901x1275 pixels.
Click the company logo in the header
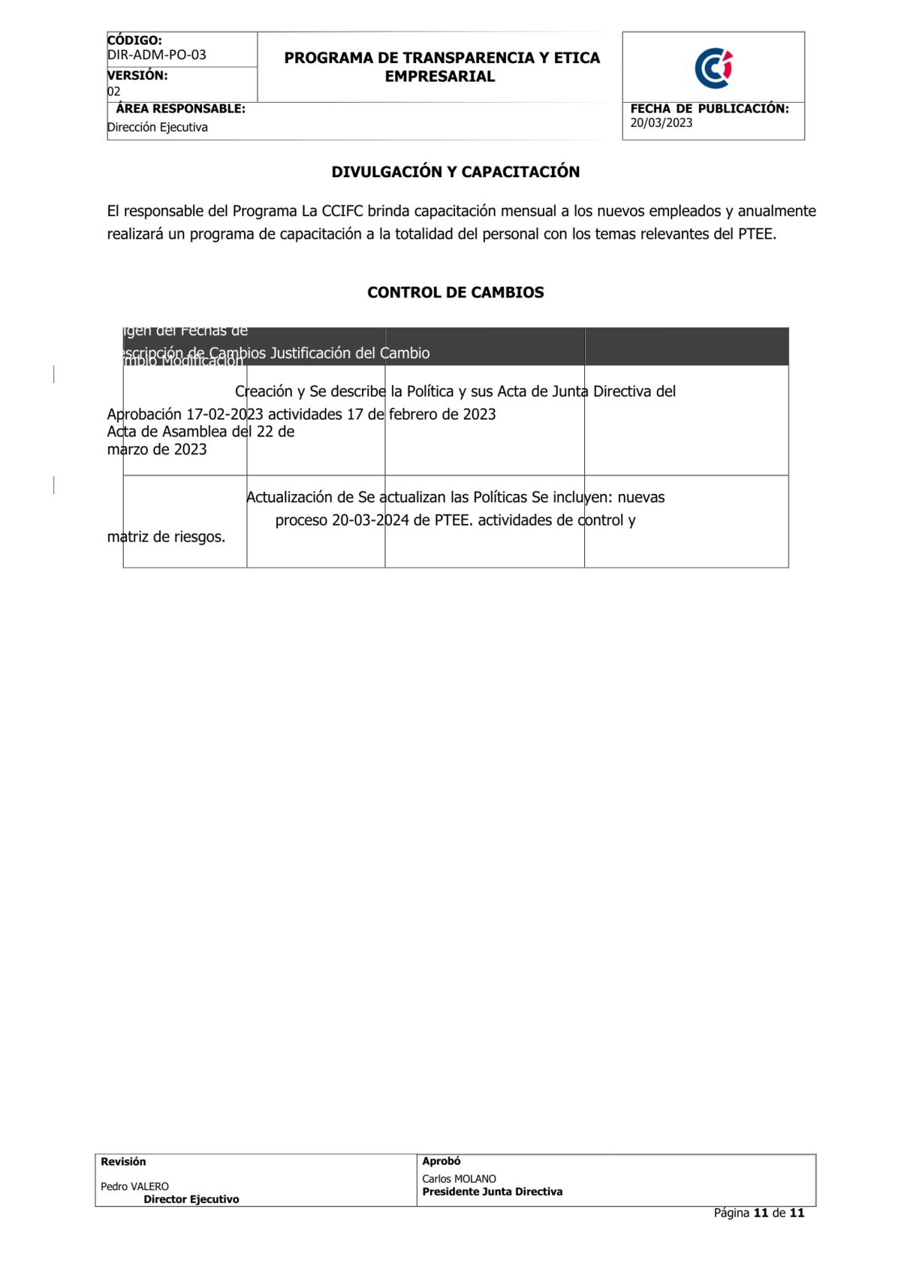tap(713, 68)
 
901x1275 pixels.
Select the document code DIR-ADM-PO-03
tap(157, 55)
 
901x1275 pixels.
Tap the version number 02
tap(113, 92)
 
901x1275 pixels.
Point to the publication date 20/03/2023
tap(661, 123)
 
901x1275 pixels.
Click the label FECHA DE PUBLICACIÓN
tap(710, 109)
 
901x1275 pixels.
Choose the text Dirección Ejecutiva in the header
tap(158, 128)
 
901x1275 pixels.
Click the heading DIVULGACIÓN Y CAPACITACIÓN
tap(455, 172)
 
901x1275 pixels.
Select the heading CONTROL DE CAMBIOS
tap(455, 293)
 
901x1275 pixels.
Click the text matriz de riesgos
tap(166, 537)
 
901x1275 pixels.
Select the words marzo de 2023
tap(157, 450)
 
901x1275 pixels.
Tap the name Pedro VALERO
tap(134, 1186)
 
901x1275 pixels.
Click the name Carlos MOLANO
tap(459, 1179)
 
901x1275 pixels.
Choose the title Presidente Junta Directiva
tap(492, 1192)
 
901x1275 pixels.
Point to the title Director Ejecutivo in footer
tap(191, 1199)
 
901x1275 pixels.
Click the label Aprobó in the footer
tap(441, 1161)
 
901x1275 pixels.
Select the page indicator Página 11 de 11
tap(758, 1213)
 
